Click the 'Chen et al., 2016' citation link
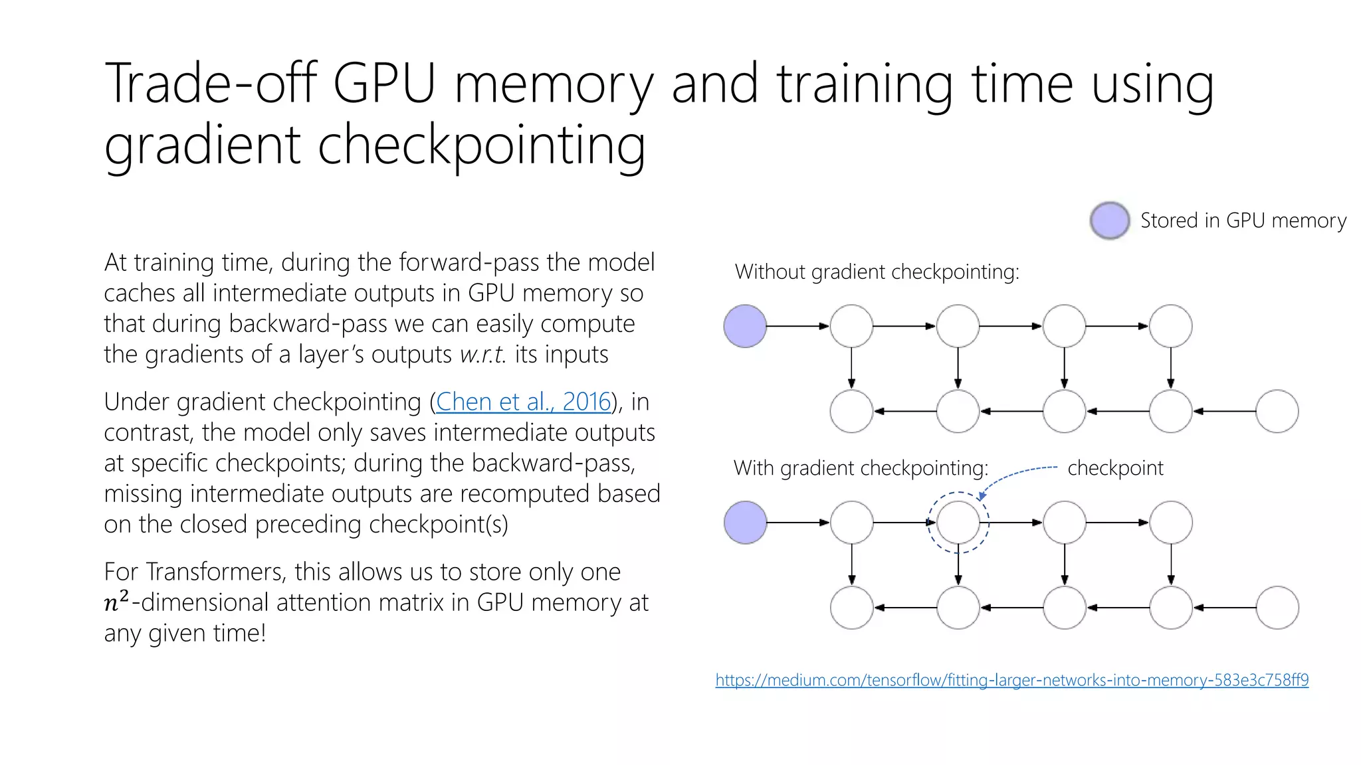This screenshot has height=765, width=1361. [x=523, y=402]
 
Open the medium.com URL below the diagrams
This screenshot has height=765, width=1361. [x=1011, y=680]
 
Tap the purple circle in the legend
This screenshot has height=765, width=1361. [x=1109, y=220]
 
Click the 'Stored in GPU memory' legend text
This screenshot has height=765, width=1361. [x=1243, y=220]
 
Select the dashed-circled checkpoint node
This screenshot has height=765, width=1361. [x=958, y=523]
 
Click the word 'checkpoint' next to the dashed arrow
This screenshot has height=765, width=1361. [x=1115, y=468]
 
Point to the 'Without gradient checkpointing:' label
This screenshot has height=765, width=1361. [x=877, y=272]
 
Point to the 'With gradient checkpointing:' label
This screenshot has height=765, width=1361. [x=861, y=468]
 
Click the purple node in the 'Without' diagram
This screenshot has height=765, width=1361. [x=745, y=326]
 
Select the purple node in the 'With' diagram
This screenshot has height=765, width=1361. [x=745, y=523]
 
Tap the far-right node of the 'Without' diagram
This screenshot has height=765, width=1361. [x=1277, y=412]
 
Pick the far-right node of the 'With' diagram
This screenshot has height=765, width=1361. [x=1277, y=608]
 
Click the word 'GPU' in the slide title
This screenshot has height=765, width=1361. [x=383, y=84]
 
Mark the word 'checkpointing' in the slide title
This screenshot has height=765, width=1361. [x=481, y=145]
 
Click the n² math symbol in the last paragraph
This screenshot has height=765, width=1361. [x=117, y=602]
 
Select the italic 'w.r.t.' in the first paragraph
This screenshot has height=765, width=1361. [x=482, y=355]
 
